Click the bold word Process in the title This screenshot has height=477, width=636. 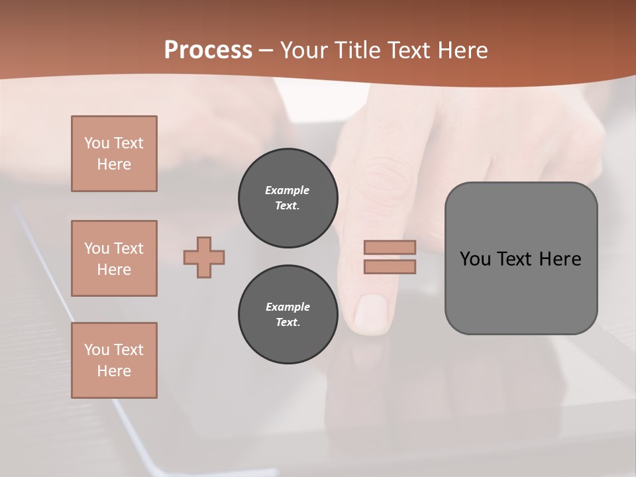pos(208,50)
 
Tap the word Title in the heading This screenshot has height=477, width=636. pos(357,50)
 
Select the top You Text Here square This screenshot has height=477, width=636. pos(114,154)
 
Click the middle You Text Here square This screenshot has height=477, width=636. pos(114,258)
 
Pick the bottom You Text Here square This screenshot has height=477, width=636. pos(114,360)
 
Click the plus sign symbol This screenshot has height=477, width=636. pos(204,257)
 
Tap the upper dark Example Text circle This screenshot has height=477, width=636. pos(288,198)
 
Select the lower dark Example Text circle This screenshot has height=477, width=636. pos(288,315)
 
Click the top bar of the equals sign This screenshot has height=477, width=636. pos(390,247)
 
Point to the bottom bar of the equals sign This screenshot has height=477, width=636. pos(390,267)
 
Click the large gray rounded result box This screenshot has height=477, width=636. pos(521,291)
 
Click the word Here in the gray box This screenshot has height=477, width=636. pos(560,259)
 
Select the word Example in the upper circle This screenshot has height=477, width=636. pos(288,191)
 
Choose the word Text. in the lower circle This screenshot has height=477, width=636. pos(288,323)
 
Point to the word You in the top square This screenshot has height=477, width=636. pos(97,143)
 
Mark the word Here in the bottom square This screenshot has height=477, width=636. pos(114,371)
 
